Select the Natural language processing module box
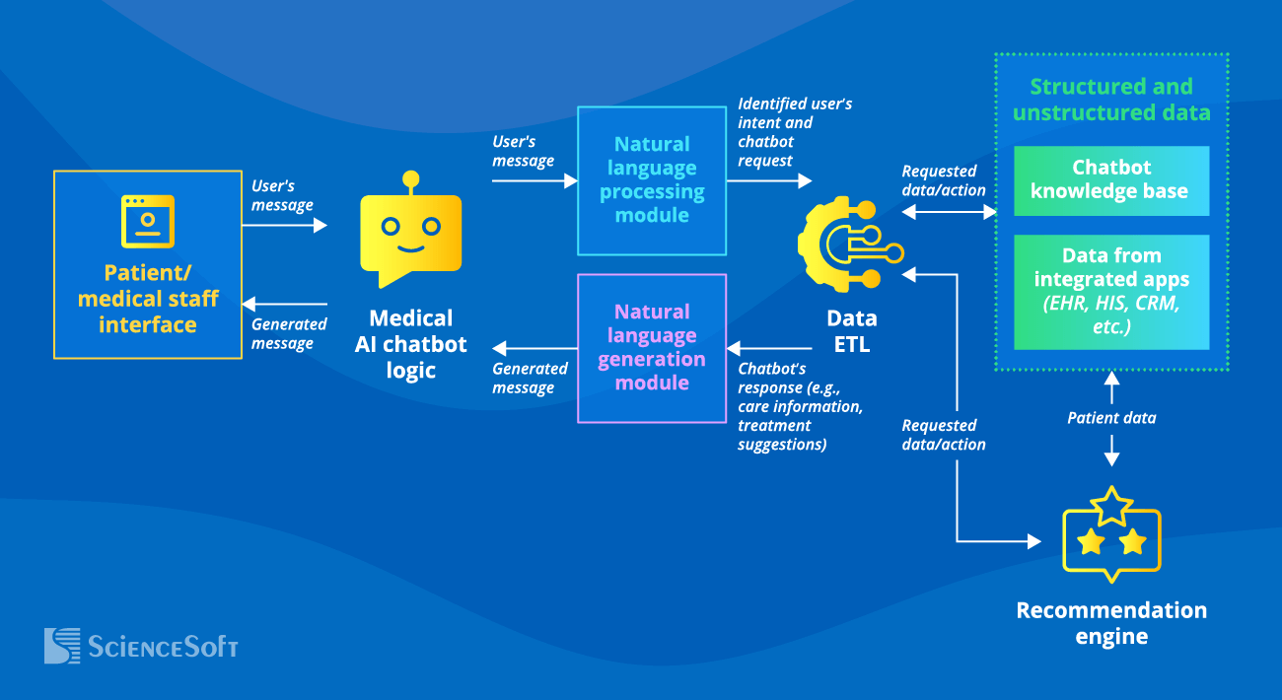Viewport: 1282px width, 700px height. [651, 180]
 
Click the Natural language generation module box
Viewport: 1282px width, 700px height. [651, 348]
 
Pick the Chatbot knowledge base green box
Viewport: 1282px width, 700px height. [1110, 180]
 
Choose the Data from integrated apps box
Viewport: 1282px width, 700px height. [1110, 291]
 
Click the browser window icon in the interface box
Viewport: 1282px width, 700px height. [148, 221]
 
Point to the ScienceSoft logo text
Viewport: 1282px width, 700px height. [163, 647]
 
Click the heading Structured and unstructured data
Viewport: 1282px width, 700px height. [1110, 100]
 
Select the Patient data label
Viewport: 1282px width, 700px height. [1111, 418]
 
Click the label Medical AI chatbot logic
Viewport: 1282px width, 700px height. [410, 344]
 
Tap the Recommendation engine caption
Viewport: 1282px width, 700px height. [1111, 623]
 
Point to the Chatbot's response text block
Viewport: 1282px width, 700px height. [799, 406]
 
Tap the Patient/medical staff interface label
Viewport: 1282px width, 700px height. [148, 299]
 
